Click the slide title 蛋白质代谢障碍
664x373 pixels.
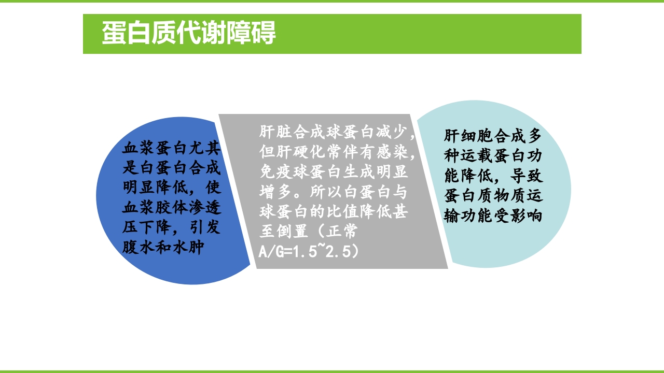pos(189,34)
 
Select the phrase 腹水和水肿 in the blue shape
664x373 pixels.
pos(162,247)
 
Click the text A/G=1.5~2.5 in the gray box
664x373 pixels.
pos(308,251)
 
